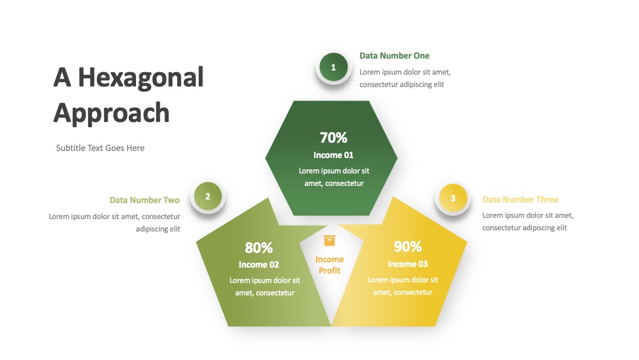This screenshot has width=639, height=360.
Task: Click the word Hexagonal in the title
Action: [x=141, y=78]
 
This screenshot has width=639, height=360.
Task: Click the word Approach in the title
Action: [x=111, y=113]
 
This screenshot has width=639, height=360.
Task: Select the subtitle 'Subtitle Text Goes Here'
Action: [x=100, y=148]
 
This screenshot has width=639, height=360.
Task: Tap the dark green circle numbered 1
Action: [x=333, y=67]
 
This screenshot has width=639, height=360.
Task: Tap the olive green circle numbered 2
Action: [x=208, y=197]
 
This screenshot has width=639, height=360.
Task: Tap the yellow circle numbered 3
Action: [x=453, y=198]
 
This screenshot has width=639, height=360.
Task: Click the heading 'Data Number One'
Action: [x=394, y=56]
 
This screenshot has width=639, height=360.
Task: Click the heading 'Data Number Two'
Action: [x=145, y=200]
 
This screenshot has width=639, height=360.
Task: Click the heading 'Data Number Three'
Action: [x=520, y=200]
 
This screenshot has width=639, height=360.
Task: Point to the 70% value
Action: [x=333, y=138]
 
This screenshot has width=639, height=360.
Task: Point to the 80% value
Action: [x=259, y=247]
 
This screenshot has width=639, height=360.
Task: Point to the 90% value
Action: [x=408, y=247]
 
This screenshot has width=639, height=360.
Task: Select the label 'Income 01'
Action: [x=333, y=155]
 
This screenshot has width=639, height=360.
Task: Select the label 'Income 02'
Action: [x=259, y=265]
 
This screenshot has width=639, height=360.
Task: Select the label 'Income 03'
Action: [x=408, y=263]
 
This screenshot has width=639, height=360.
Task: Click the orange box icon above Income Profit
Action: [x=330, y=240]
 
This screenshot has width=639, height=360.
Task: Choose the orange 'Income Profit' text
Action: [x=330, y=265]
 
